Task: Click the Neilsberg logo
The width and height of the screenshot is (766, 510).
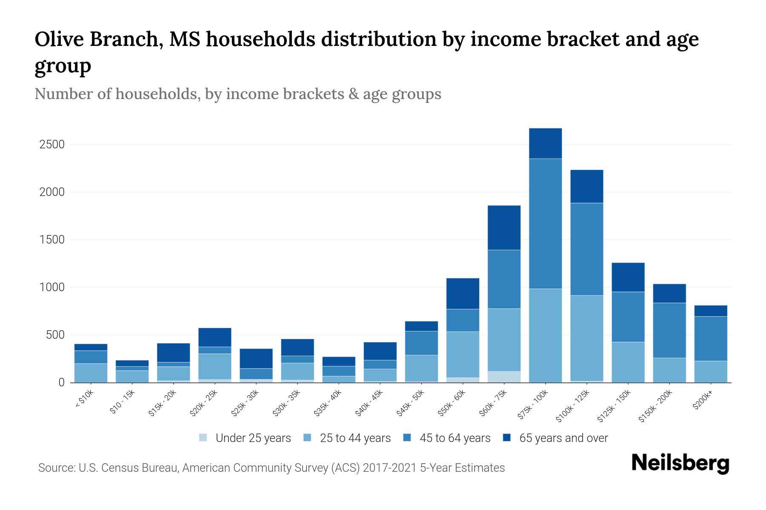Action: (680, 464)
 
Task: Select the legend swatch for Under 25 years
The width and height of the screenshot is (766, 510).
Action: (203, 438)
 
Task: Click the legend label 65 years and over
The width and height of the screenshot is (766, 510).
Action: (563, 438)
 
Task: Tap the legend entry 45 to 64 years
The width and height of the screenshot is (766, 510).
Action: (454, 438)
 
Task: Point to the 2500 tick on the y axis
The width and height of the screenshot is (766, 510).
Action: (52, 144)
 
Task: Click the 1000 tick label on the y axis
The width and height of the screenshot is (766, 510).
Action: (52, 287)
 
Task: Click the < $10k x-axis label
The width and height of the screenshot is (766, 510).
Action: (85, 399)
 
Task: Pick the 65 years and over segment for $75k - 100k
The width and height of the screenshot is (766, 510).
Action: (545, 143)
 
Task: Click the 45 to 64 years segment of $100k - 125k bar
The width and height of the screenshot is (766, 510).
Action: (586, 249)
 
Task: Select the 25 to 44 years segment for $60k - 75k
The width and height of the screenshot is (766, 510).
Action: (504, 340)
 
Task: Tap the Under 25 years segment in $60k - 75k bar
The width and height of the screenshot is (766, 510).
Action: (504, 377)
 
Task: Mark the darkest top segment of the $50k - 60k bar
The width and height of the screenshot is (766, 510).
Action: (463, 293)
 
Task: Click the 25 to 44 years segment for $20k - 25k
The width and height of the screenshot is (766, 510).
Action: (214, 366)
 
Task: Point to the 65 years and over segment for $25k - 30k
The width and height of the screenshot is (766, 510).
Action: (256, 358)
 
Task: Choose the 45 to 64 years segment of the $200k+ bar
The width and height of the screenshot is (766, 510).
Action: (710, 339)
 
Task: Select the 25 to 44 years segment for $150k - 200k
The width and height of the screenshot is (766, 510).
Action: (669, 370)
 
